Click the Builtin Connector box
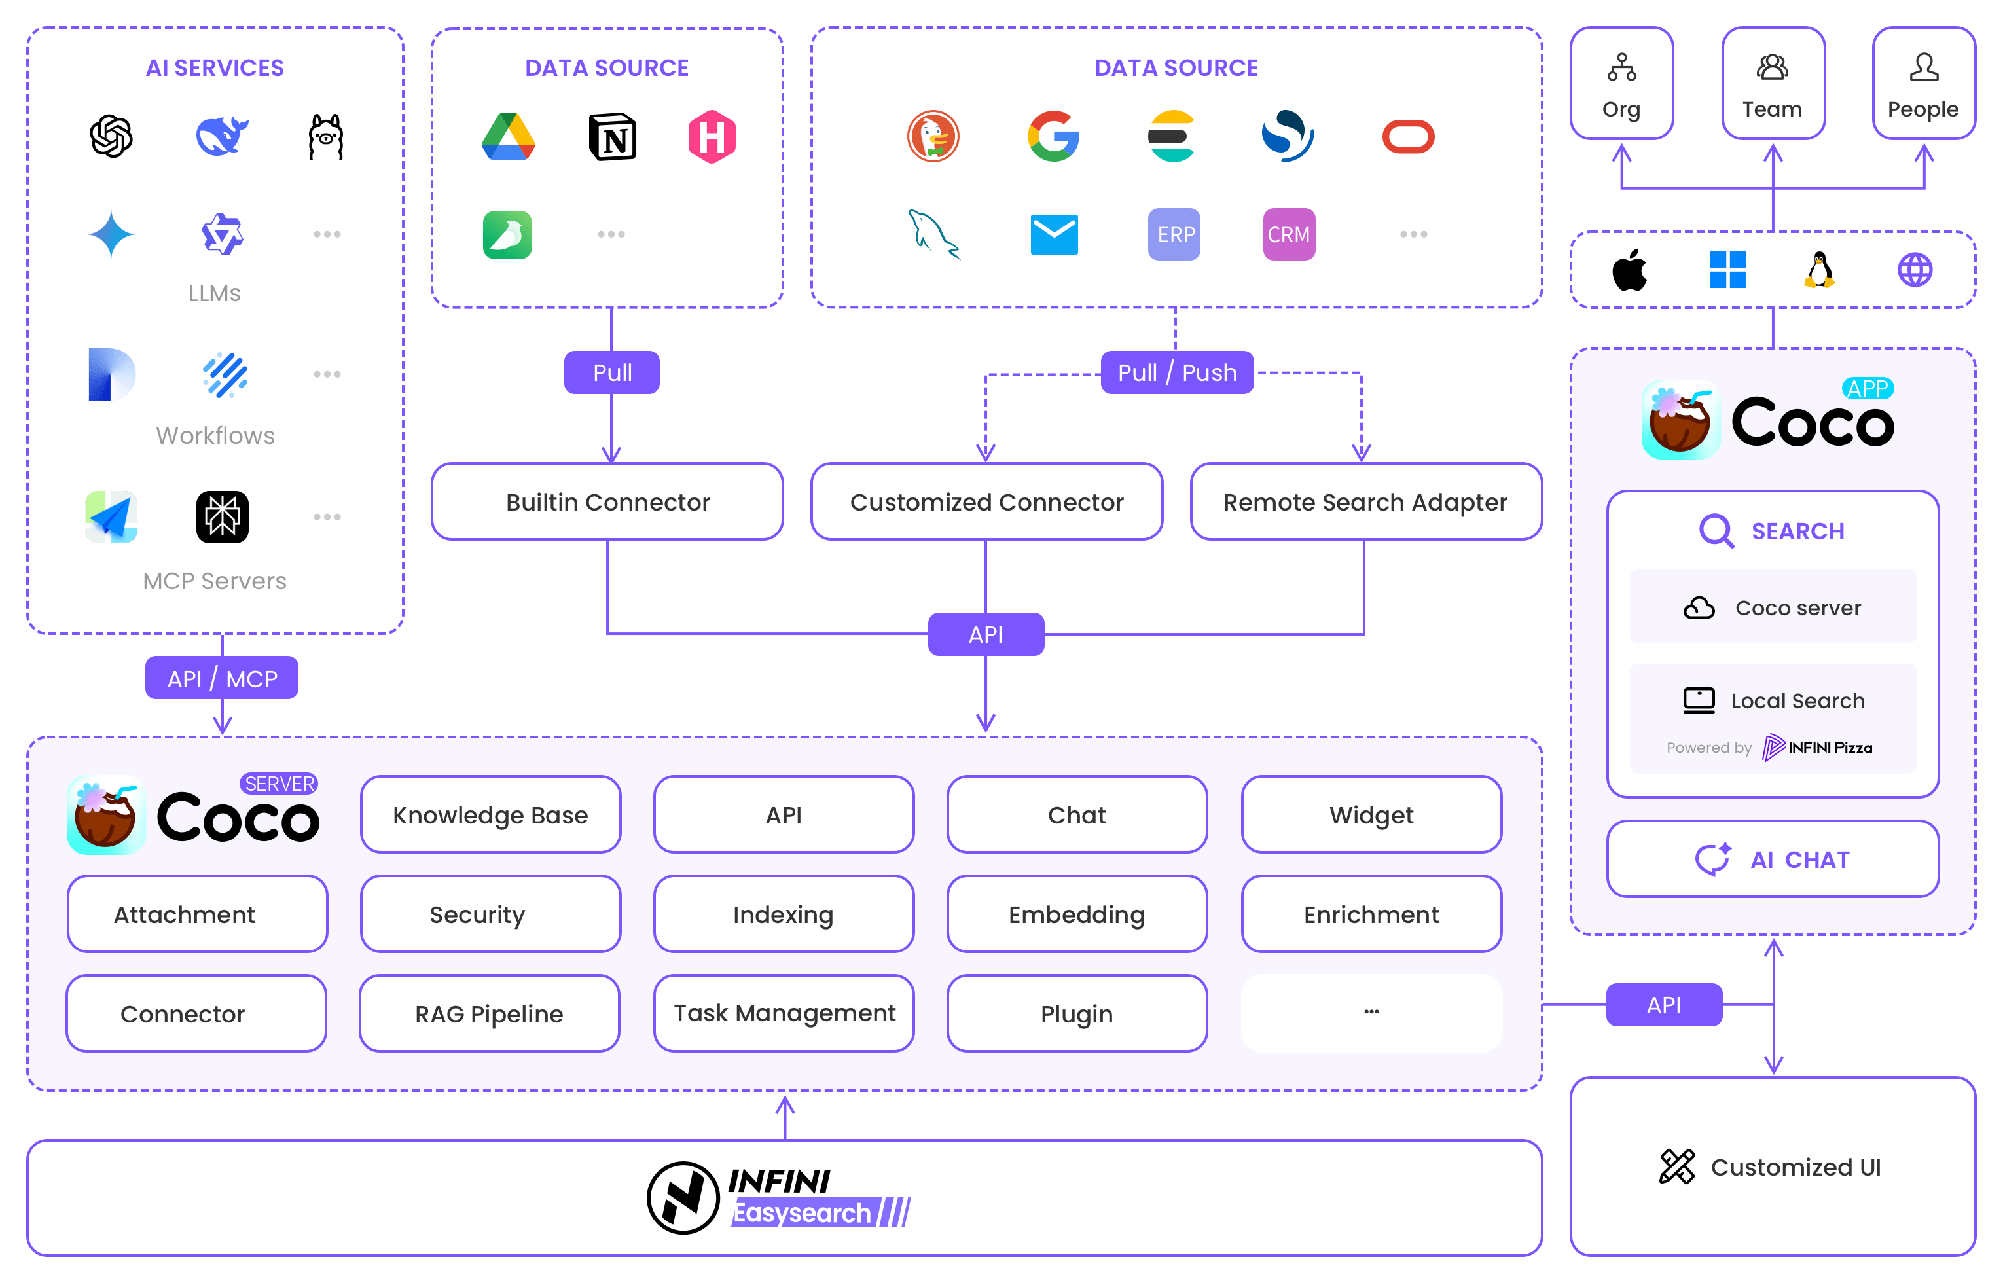(607, 501)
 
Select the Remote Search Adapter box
(1365, 501)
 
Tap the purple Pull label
(611, 372)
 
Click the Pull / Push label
(1176, 372)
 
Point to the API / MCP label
(221, 678)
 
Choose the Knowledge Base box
(490, 815)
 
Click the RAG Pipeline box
(490, 1013)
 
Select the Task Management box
(784, 1013)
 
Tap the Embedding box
(1077, 914)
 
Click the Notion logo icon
(613, 137)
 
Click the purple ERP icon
(1174, 235)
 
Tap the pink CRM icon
(1288, 235)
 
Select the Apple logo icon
(1629, 270)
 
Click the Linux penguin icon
(1819, 270)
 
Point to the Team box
(1773, 83)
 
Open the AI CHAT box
(1773, 859)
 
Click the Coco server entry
(1773, 607)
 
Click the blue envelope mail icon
(1054, 235)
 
